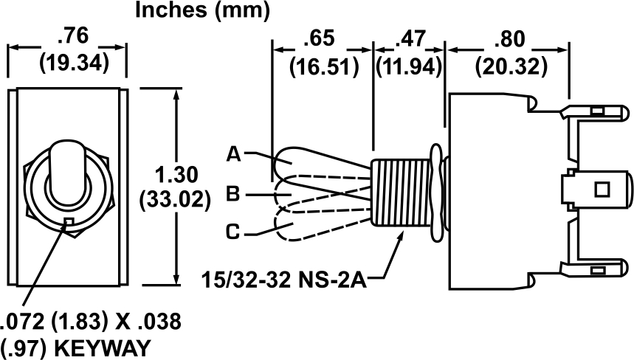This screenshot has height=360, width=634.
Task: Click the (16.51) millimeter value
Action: click(x=323, y=67)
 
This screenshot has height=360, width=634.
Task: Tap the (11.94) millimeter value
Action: click(x=410, y=67)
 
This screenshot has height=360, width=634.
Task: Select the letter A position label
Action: click(x=234, y=155)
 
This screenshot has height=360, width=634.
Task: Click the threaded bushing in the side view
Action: click(x=402, y=193)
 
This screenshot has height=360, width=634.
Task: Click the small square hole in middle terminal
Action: click(x=601, y=189)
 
